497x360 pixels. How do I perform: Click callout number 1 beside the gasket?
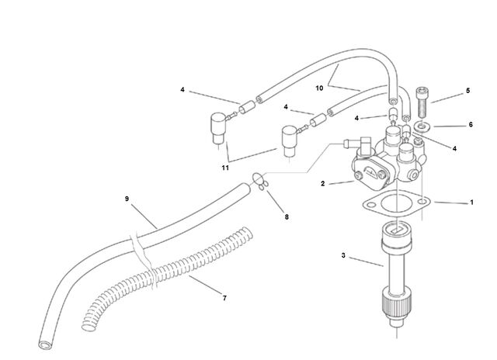click(x=471, y=202)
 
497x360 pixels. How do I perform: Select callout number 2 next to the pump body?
click(x=323, y=184)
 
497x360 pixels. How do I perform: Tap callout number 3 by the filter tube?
click(x=343, y=255)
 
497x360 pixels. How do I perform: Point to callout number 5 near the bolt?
click(x=467, y=91)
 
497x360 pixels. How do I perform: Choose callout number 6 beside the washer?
click(x=471, y=125)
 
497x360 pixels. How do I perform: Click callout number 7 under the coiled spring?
click(x=224, y=298)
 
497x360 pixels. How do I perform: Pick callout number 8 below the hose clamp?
click(x=287, y=217)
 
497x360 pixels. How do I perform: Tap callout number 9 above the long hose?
click(x=127, y=199)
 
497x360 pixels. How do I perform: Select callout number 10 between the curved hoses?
click(x=319, y=88)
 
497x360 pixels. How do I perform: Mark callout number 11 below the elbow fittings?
click(x=225, y=168)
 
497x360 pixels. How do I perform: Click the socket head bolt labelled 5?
click(x=422, y=102)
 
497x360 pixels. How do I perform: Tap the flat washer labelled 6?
click(x=422, y=127)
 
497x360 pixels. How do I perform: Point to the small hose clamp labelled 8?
click(x=260, y=182)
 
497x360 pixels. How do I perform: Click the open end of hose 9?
click(x=45, y=344)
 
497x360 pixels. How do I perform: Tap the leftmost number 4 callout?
click(x=182, y=90)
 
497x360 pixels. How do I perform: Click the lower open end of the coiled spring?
click(x=89, y=326)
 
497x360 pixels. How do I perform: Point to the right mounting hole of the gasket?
click(x=422, y=202)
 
